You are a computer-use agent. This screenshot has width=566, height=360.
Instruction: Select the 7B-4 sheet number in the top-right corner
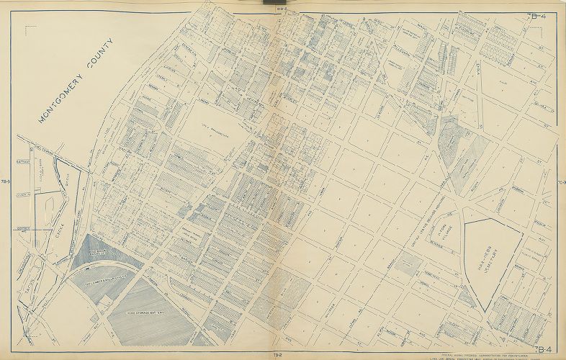(538, 16)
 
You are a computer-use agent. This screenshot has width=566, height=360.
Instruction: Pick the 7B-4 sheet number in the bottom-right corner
(537, 351)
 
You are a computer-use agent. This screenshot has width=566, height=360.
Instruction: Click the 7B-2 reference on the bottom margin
(278, 355)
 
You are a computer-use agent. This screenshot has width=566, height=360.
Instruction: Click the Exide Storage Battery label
(148, 313)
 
